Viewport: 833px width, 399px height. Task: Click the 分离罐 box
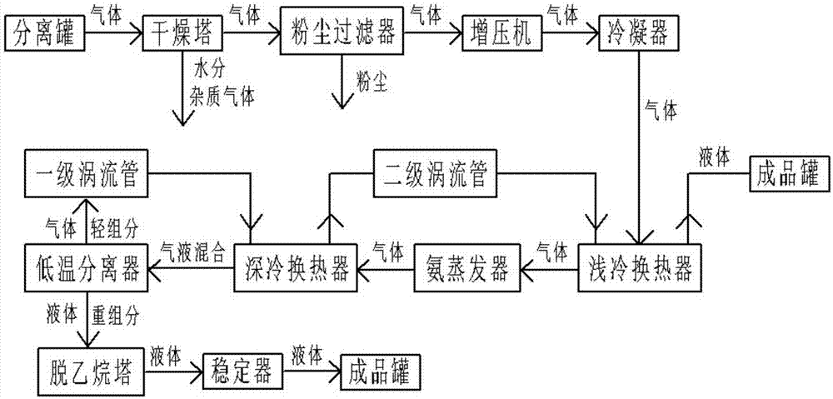point(45,37)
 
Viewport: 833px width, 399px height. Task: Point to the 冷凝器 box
point(636,37)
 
